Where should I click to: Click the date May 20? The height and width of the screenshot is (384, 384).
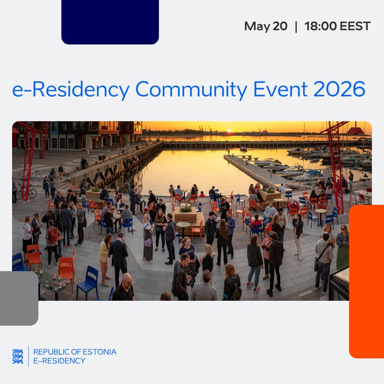point(265,26)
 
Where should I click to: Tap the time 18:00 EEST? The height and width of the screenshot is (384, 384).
point(337,26)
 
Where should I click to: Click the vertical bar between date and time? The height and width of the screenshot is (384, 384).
point(296,26)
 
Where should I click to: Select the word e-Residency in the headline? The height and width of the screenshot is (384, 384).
point(71,90)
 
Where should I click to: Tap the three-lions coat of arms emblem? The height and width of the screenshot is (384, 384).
point(18,356)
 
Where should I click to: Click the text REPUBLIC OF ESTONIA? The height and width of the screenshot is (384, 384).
point(75,352)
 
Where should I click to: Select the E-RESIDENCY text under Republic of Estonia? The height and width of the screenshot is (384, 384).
point(59,361)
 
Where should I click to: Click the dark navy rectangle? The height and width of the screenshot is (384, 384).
point(110,22)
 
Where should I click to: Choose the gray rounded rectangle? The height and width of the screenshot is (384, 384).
point(19,298)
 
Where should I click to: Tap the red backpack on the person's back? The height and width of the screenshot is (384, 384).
point(53,235)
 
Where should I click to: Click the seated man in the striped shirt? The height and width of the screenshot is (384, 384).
point(270,211)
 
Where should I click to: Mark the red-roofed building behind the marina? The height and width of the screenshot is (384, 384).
point(355,131)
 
